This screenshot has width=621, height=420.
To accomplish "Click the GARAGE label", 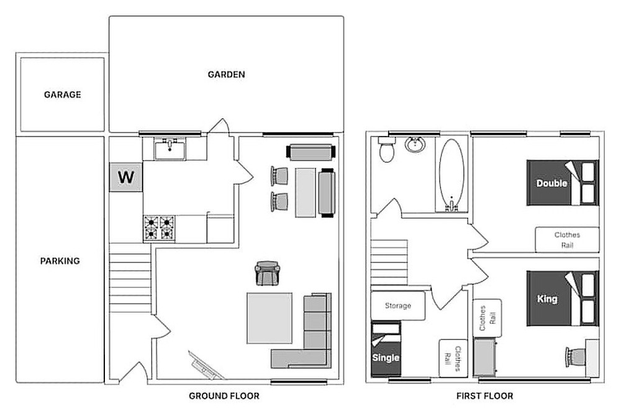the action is point(63,94).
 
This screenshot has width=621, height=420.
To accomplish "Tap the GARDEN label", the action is point(227,75).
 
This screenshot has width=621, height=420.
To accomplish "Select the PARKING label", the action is point(60,261).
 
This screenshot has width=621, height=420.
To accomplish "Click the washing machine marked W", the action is point(126,177).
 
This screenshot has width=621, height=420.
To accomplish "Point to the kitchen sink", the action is point(170,149).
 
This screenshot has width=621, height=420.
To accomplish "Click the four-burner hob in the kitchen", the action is point(159,228).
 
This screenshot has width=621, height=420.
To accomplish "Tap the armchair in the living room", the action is point(267,273).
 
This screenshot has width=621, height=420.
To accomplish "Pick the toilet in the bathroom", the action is point(386,149).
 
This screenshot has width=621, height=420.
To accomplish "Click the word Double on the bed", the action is point(551,183).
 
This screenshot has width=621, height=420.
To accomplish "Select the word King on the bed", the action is point(547,299).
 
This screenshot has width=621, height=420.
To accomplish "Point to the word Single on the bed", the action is point(386,358).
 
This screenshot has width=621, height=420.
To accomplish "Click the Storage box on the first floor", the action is point(398,306).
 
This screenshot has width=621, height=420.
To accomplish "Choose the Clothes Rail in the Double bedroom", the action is point(567,240).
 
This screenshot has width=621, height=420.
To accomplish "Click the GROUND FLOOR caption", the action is point(224,396).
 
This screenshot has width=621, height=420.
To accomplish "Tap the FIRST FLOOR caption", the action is point(485,396).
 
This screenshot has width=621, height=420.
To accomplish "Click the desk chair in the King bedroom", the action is point(576,357).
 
